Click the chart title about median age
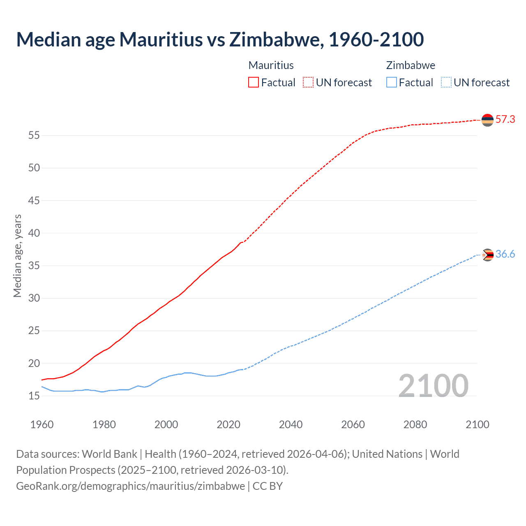(220, 39)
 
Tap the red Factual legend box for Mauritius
(254, 82)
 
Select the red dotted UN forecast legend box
(308, 82)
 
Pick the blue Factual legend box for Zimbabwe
(392, 82)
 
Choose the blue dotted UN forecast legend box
(446, 82)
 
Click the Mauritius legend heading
(271, 65)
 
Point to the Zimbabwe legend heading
(411, 65)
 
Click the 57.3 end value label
(505, 120)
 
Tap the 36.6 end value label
(505, 254)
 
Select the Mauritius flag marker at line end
(487, 120)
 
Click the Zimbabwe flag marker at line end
(487, 255)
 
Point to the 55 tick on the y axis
(34, 135)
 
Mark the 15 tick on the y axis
(34, 396)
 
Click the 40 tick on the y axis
(34, 233)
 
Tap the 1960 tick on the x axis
(42, 424)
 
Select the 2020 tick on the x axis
(228, 424)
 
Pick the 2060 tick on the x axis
(353, 424)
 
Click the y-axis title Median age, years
(17, 256)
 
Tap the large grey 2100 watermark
(434, 385)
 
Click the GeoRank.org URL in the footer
(130, 486)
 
